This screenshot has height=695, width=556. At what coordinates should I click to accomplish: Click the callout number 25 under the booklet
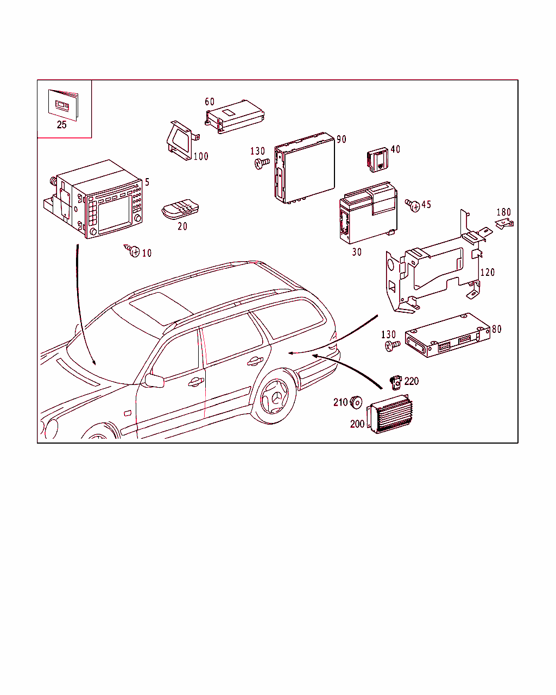(61, 125)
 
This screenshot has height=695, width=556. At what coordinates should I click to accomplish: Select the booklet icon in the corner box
(64, 105)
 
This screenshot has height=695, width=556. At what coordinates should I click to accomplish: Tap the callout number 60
(210, 102)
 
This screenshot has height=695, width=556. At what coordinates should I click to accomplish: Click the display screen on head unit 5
(113, 214)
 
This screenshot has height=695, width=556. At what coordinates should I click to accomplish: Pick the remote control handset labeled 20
(180, 209)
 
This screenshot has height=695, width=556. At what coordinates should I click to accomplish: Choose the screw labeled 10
(132, 250)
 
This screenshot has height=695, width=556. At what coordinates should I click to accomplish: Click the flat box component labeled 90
(305, 168)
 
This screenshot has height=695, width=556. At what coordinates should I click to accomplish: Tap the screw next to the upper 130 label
(262, 163)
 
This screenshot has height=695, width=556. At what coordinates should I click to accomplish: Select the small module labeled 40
(378, 160)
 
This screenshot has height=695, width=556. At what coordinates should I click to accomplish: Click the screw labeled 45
(412, 205)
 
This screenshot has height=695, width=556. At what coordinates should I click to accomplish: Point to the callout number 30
(357, 252)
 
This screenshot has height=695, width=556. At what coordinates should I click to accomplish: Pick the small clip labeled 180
(504, 224)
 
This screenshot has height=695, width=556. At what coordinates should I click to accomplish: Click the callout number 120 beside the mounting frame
(488, 272)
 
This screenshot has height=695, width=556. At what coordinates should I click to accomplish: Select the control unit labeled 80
(448, 335)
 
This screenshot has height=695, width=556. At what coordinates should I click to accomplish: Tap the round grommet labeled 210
(356, 402)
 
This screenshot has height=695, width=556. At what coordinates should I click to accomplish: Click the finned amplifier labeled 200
(390, 414)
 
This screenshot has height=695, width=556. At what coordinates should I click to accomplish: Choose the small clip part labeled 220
(396, 382)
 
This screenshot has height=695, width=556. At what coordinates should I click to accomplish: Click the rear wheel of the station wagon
(275, 396)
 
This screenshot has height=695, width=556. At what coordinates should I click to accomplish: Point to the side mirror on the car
(154, 381)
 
